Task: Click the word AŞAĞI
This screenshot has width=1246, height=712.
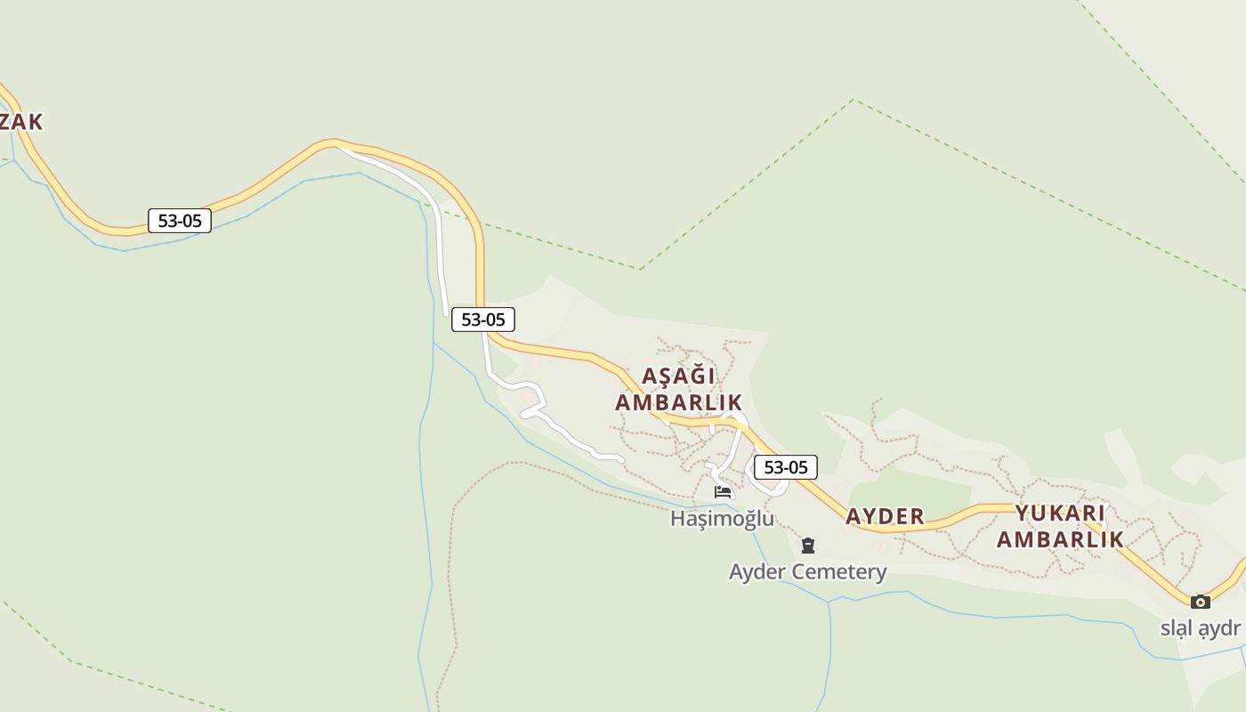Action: tap(678, 376)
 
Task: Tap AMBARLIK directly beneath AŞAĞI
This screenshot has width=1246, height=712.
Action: tap(678, 402)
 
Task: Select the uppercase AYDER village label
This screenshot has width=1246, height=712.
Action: tap(885, 516)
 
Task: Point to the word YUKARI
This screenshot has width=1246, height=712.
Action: tap(1060, 513)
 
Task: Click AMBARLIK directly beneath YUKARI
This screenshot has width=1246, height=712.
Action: tap(1060, 539)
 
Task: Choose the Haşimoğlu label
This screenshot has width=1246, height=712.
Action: tap(722, 518)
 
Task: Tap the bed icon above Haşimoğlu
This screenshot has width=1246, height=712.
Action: tap(723, 491)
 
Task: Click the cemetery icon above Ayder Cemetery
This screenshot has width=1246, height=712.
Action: tap(808, 545)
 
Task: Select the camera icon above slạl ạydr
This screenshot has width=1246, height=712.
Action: tap(1201, 602)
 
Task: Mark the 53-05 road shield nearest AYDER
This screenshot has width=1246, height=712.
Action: tap(786, 467)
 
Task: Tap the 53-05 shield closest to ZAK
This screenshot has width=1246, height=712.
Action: tap(180, 221)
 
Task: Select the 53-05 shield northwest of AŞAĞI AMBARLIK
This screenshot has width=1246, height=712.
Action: tap(483, 319)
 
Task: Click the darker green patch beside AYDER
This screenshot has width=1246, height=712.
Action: tap(908, 489)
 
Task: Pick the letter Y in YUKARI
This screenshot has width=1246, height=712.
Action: tap(1023, 513)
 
